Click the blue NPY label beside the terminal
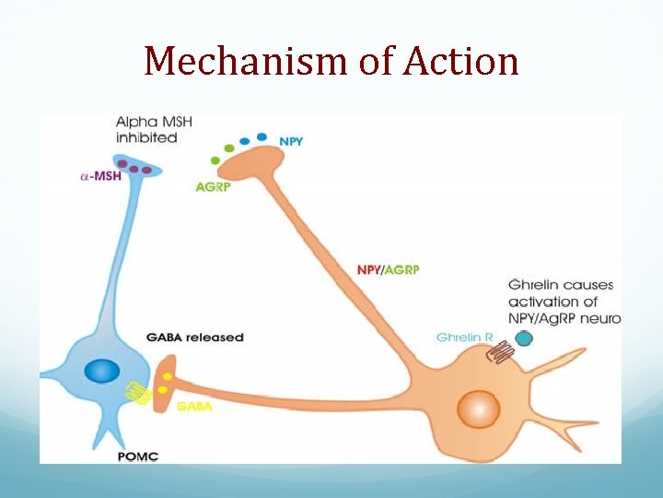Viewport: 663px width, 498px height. [x=292, y=141]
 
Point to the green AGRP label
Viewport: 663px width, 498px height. [x=211, y=186]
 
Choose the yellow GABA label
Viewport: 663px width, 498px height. [x=193, y=406]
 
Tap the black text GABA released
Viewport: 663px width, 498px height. [x=195, y=338]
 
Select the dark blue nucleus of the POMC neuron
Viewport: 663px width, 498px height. [x=101, y=372]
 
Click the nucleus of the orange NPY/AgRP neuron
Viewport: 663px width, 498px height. [x=479, y=408]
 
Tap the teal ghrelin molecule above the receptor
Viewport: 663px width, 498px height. [x=524, y=338]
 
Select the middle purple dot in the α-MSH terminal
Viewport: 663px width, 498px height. [x=134, y=169]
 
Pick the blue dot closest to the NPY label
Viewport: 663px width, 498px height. [x=262, y=137]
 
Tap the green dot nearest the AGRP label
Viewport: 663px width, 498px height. [x=215, y=160]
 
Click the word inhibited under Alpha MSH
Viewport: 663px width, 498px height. [x=146, y=137]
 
